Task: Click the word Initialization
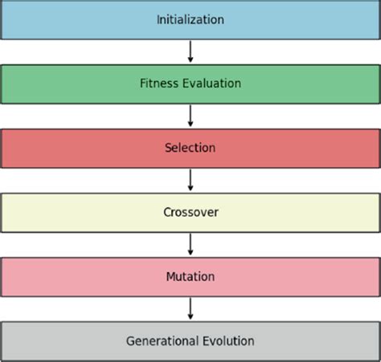pyautogui.click(x=190, y=20)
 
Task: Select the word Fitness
pyautogui.click(x=158, y=83)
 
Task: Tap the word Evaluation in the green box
pyautogui.click(x=211, y=83)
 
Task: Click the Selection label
pyautogui.click(x=190, y=148)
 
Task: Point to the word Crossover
pyautogui.click(x=190, y=212)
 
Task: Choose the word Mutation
pyautogui.click(x=190, y=276)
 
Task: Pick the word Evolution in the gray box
pyautogui.click(x=228, y=341)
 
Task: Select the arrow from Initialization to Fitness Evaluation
pyautogui.click(x=190, y=51)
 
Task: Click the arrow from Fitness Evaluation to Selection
pyautogui.click(x=190, y=116)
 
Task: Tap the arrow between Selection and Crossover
pyautogui.click(x=190, y=180)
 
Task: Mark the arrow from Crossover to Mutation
pyautogui.click(x=190, y=244)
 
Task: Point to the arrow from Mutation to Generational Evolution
pyautogui.click(x=190, y=308)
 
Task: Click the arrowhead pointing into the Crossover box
pyautogui.click(x=190, y=189)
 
